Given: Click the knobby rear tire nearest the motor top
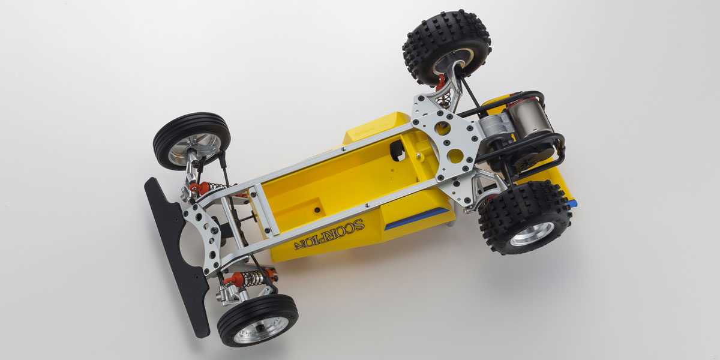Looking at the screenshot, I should coord(446,45).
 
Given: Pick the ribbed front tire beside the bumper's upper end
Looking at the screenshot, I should coord(191,140).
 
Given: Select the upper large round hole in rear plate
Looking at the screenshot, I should coord(442,128).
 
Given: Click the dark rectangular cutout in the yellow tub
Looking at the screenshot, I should coord(397,152).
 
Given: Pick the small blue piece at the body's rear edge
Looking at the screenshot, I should coord(572,203).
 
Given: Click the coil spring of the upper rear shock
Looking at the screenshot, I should coord(445,98).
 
